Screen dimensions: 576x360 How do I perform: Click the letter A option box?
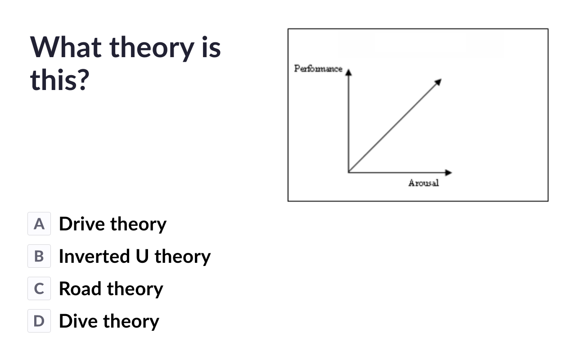(39, 224)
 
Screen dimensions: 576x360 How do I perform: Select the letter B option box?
(39, 256)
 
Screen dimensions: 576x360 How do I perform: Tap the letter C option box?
(39, 288)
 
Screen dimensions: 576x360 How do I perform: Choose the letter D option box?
(39, 321)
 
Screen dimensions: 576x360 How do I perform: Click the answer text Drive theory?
(112, 224)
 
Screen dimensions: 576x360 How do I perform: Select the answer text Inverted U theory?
(135, 256)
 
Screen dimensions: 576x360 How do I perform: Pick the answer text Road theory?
(111, 289)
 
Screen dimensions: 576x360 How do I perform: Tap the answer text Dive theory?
(109, 321)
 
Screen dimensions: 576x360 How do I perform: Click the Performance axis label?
(318, 69)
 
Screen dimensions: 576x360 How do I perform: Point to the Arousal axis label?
(423, 183)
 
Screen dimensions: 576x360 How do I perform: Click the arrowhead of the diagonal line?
(438, 82)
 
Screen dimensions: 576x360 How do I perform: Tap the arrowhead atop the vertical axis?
(348, 72)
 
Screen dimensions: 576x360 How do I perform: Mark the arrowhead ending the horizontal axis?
(449, 172)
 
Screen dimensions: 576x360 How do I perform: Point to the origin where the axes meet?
(349, 172)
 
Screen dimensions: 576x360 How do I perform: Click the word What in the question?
(66, 47)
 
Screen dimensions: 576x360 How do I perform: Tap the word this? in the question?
(60, 80)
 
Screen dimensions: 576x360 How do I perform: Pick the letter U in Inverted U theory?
(142, 256)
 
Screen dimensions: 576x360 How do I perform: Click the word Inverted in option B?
(94, 256)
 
